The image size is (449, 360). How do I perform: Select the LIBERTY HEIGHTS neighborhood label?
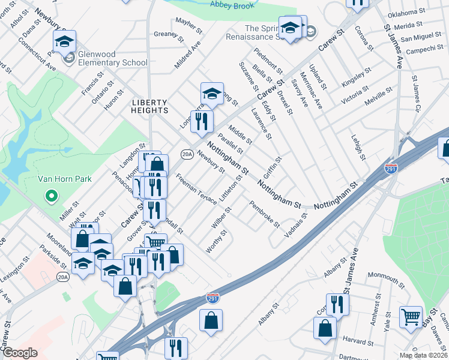point(150,106)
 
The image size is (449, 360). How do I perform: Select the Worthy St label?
point(216,241)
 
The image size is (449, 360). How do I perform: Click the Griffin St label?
point(272,169)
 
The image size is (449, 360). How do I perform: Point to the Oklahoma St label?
point(406,12)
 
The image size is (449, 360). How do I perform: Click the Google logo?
point(20,353)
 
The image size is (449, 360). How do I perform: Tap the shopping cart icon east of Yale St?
point(411,317)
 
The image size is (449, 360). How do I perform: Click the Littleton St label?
point(231,190)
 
